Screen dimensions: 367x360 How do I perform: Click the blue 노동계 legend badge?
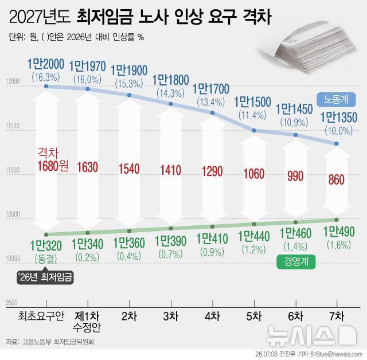coord(336,100)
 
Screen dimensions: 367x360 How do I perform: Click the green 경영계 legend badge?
coord(296,262)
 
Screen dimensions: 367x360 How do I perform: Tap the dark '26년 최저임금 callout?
coord(45,277)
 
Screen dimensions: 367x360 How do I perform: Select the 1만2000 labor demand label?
coord(46,64)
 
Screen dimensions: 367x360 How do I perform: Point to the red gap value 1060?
coord(254,174)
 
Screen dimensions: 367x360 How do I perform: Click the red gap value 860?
coord(337,179)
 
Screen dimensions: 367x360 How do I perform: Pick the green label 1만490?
coord(339,232)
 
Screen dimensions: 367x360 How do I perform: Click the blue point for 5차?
coord(254,131)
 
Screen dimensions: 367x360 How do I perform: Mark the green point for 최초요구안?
coord(46,234)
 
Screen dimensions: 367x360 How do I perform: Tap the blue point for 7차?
coord(337,144)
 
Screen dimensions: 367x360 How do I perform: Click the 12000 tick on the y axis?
coord(13,81)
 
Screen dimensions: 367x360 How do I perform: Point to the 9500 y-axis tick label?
coord(11,303)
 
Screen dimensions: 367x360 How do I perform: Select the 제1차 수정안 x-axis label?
coord(87,322)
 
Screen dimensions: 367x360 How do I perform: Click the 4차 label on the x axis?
coord(212,316)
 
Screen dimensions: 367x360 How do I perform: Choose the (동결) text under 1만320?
coord(46,259)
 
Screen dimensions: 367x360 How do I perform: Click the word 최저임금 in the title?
coord(105,17)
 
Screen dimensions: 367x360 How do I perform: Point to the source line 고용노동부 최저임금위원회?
coord(58,342)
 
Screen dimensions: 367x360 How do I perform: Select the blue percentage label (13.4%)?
coord(211,102)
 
